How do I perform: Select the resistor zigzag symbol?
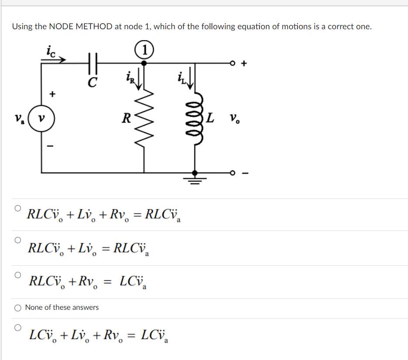[145, 117]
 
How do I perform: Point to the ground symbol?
[195, 179]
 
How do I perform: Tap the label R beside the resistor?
[126, 118]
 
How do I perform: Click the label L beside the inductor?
[210, 117]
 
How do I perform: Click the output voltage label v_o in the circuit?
[235, 118]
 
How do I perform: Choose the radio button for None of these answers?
[18, 308]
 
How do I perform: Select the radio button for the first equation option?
[18, 208]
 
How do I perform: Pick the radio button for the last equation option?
[18, 327]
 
